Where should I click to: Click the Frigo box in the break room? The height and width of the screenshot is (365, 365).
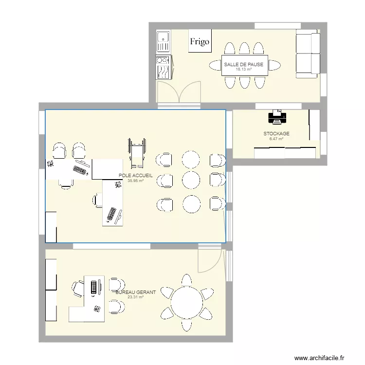(200, 42)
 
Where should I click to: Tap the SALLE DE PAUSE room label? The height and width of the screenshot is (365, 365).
(243, 64)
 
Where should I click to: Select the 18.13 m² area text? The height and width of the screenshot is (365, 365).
(243, 69)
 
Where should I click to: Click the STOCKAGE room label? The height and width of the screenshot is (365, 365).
(276, 134)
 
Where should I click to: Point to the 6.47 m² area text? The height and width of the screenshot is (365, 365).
(276, 139)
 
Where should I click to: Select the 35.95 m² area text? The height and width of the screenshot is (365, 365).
(136, 181)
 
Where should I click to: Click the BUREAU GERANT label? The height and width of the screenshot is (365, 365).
(136, 292)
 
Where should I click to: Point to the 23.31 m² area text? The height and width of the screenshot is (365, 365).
(136, 297)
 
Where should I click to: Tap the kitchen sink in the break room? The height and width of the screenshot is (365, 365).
(163, 42)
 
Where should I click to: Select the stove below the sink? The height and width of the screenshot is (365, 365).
(163, 67)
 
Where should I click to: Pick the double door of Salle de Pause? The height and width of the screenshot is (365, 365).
(178, 93)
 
